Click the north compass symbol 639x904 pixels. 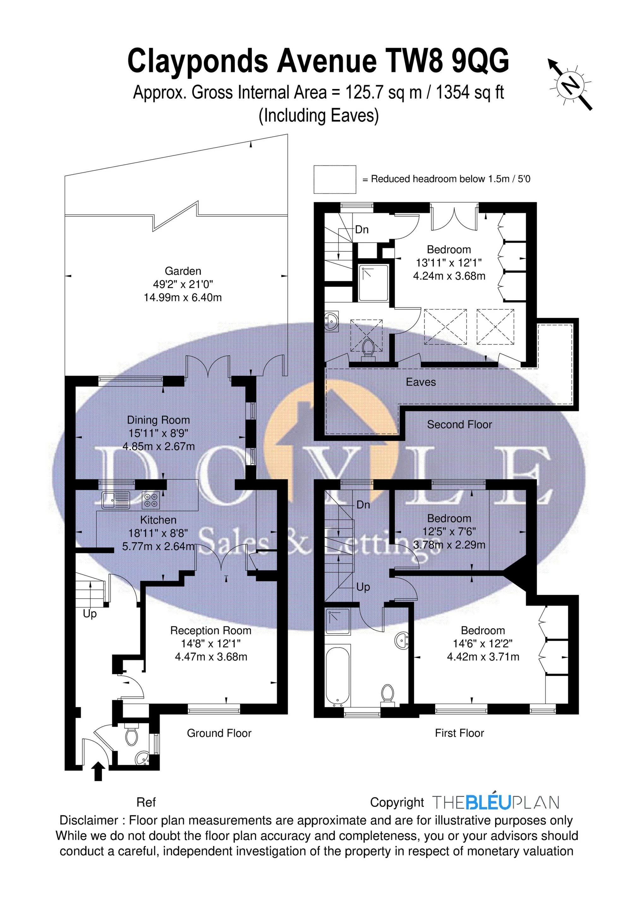(x=571, y=84)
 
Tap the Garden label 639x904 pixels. (x=183, y=271)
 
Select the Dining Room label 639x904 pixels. (x=158, y=420)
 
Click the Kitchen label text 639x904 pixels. (x=158, y=520)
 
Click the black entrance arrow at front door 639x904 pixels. (x=98, y=771)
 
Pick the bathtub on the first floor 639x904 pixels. (x=338, y=675)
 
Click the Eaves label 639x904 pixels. (x=421, y=382)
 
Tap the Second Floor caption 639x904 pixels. (x=459, y=425)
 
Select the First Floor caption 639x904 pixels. (x=459, y=733)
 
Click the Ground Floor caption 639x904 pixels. (x=219, y=733)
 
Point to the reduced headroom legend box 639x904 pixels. (x=334, y=179)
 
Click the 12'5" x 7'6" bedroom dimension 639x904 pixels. (x=449, y=531)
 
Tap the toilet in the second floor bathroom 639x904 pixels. (x=368, y=349)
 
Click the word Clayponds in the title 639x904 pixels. (x=198, y=61)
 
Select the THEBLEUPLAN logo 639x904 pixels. (x=496, y=802)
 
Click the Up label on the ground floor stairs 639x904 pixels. (x=90, y=614)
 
